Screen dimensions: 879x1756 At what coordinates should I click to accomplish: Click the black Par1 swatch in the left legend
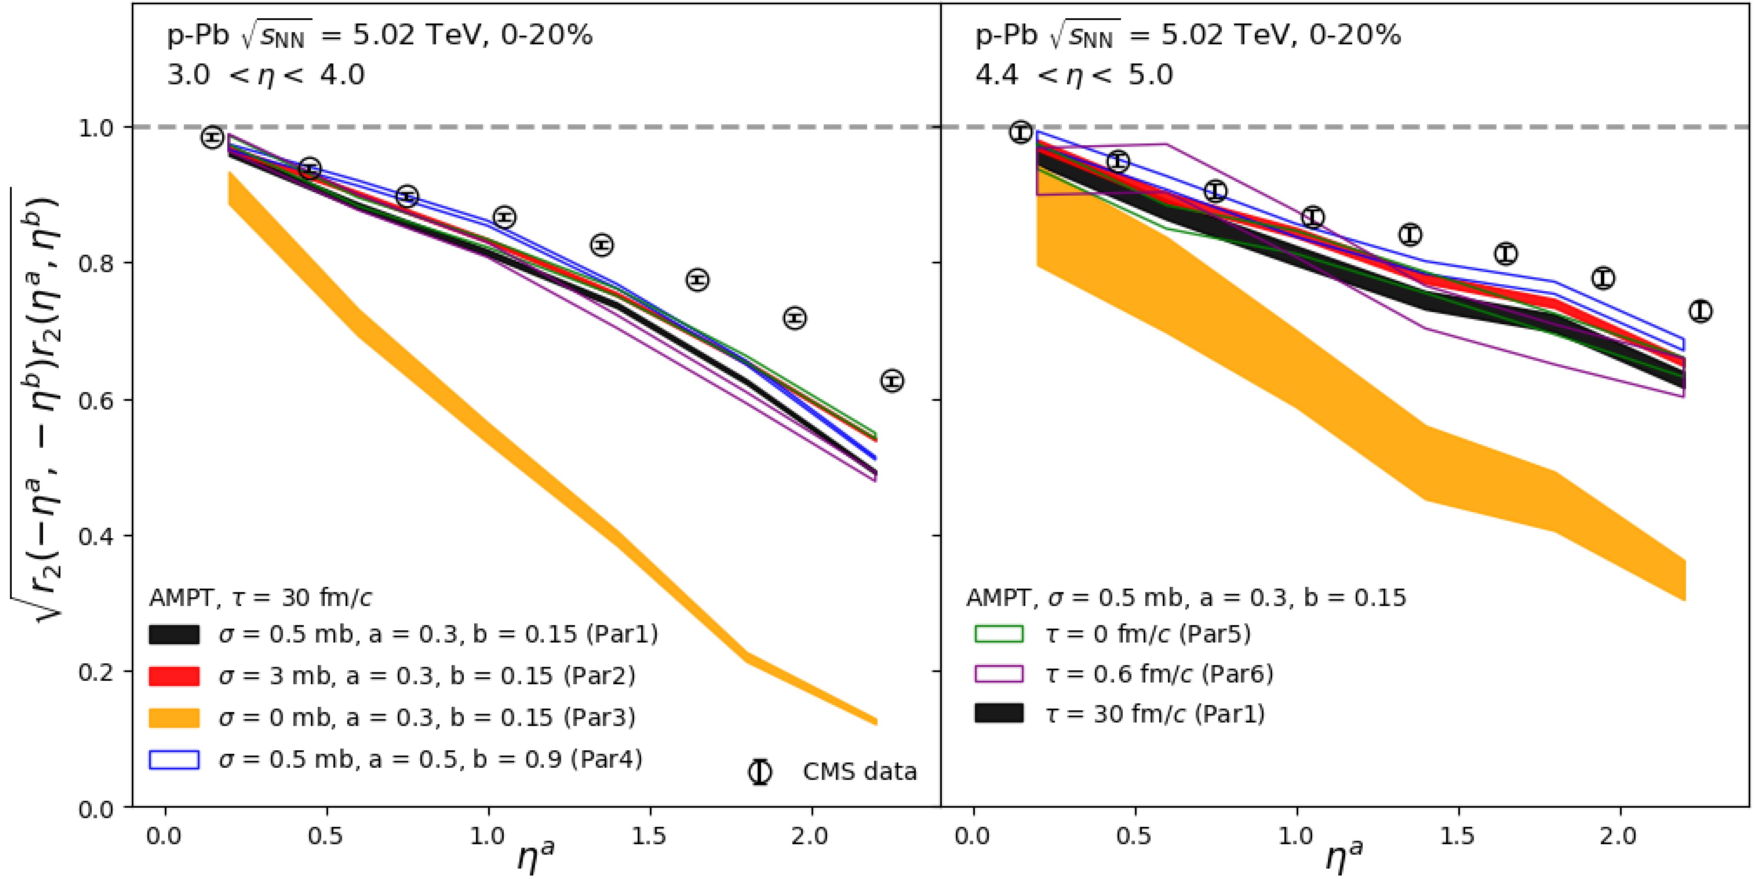174,634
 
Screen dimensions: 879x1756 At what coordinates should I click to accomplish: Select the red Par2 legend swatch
174,676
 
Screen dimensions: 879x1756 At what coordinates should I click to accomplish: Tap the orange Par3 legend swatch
174,717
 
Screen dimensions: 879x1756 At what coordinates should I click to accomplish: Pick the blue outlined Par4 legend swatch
174,759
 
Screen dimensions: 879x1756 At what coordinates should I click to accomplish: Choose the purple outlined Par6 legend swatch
999,674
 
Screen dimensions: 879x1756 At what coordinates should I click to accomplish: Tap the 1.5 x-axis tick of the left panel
649,836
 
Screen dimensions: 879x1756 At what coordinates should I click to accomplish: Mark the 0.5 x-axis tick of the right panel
1134,836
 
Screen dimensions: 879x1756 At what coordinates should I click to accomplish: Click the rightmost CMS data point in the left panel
892,380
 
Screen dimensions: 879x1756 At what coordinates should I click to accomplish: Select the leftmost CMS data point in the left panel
213,137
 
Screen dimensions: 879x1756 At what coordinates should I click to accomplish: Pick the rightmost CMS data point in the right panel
1700,311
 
